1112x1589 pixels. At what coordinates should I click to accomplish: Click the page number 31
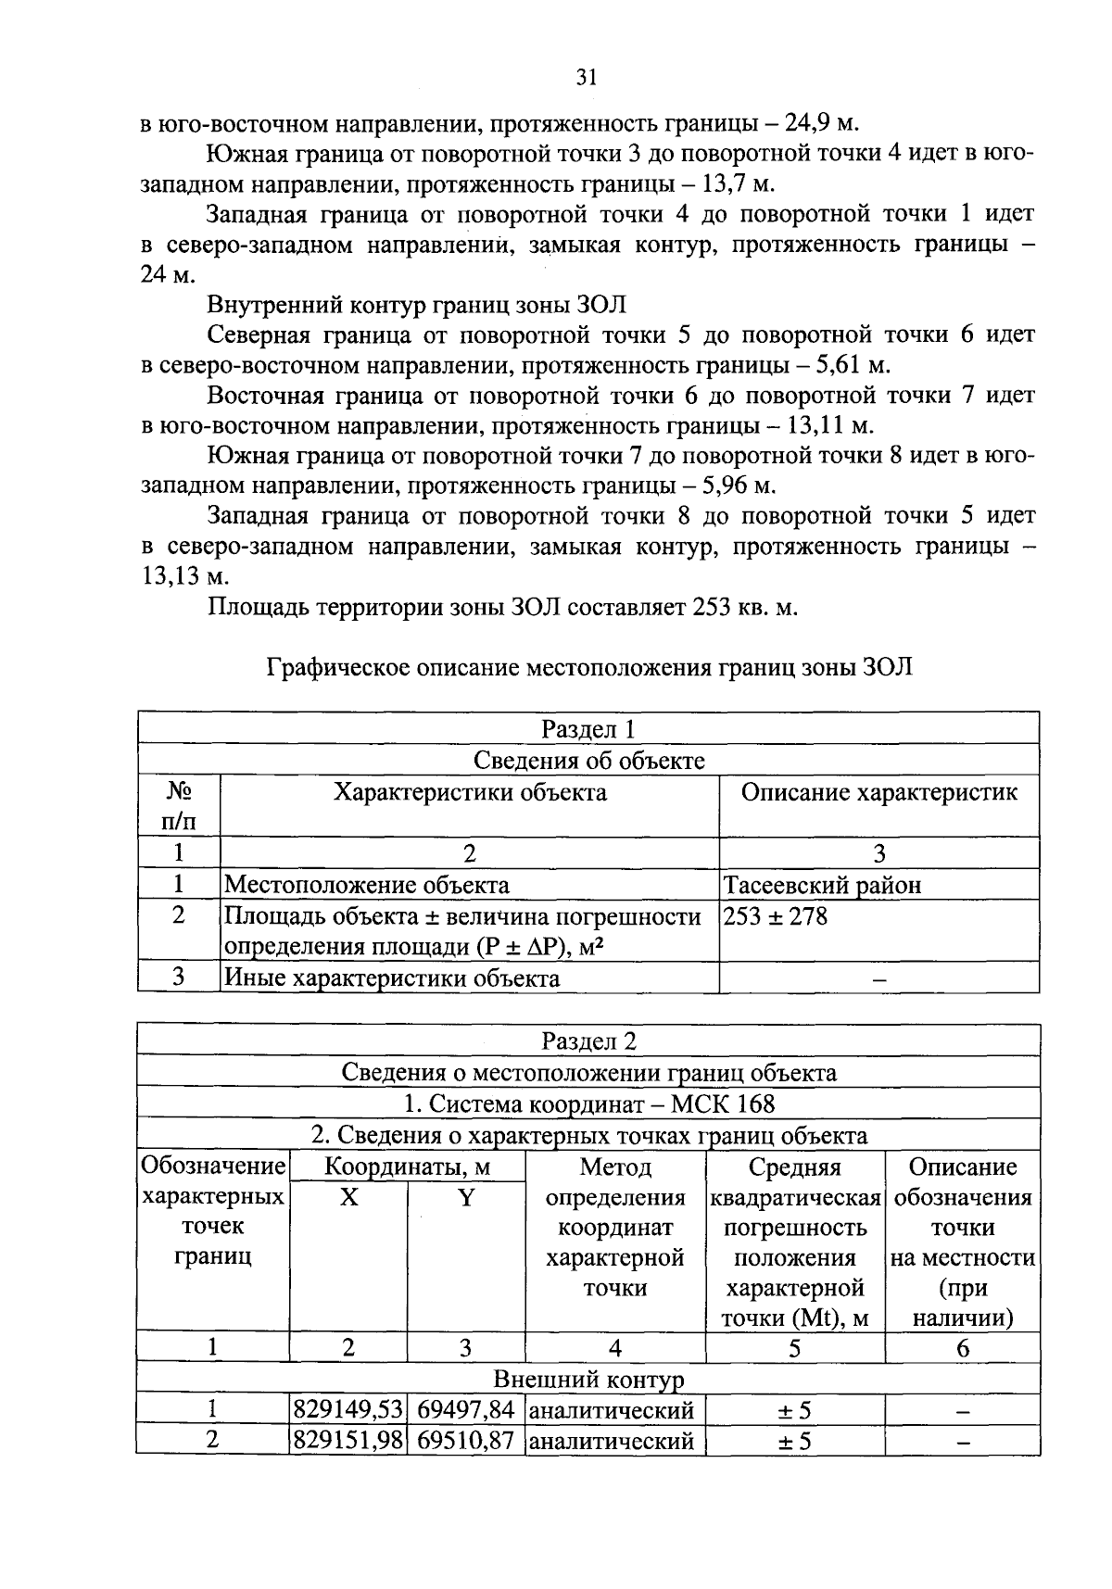tap(586, 78)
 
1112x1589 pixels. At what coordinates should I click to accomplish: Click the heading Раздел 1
tap(588, 729)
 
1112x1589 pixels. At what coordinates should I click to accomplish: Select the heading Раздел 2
tap(588, 1041)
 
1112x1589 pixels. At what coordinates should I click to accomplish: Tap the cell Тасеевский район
tap(823, 885)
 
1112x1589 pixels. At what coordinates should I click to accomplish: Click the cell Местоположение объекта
tap(367, 885)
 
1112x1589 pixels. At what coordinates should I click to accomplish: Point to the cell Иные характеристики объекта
tap(392, 977)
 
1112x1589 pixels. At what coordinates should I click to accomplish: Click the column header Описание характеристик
tap(878, 793)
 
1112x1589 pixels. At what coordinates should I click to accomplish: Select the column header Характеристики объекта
tap(470, 793)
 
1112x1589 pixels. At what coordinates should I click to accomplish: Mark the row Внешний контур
tap(588, 1380)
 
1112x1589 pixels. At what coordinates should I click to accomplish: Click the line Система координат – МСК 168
tap(588, 1104)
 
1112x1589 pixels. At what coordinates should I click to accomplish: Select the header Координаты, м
tap(407, 1167)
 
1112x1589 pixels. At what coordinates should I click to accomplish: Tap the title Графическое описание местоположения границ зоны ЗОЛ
tap(588, 667)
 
